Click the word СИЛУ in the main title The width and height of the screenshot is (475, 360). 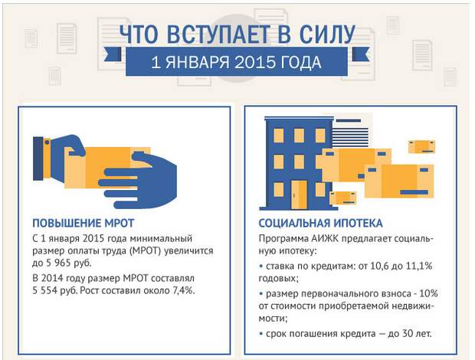(x=327, y=33)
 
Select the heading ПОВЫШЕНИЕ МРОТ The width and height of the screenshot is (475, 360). (x=83, y=223)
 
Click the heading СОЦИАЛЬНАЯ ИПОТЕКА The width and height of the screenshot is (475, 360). (x=320, y=223)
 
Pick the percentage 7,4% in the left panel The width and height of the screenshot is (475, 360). (x=184, y=290)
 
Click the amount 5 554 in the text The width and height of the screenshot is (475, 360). (x=45, y=290)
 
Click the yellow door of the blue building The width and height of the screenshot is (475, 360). (x=299, y=195)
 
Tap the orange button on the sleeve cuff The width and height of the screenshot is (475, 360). (x=47, y=142)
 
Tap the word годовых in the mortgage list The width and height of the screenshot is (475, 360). (x=278, y=279)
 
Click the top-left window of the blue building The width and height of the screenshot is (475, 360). (x=278, y=136)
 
